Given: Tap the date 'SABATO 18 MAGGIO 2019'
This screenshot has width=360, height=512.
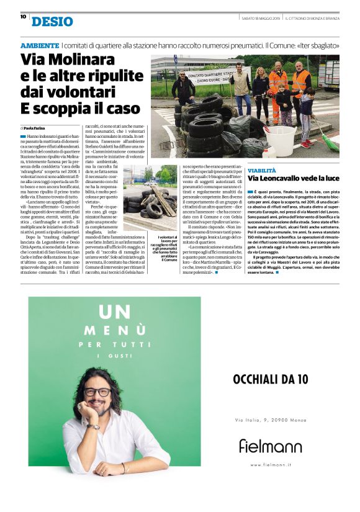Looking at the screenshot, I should [x=260, y=17].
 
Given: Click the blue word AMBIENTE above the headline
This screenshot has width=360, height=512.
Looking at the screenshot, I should [x=40, y=47].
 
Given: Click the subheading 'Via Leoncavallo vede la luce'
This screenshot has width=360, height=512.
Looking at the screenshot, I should [x=300, y=179].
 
